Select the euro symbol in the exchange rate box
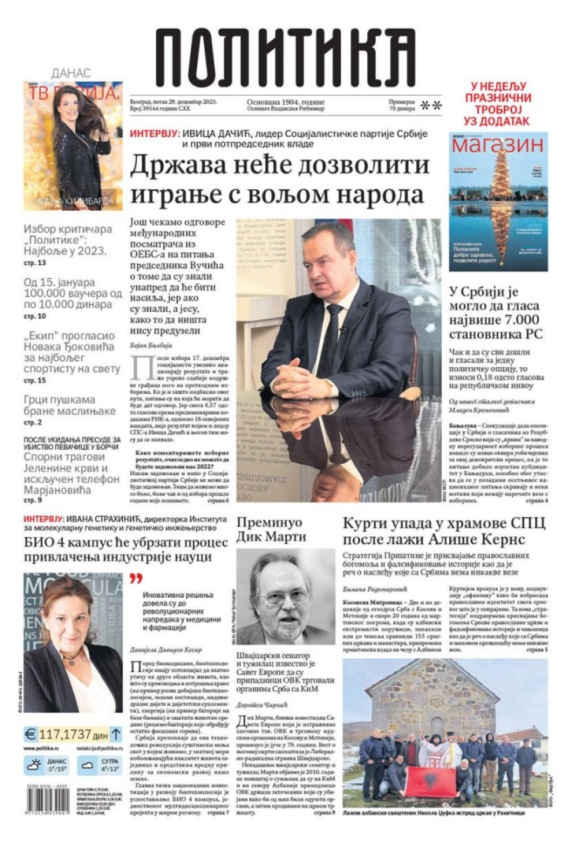coord(31,734)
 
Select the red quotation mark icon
coord(135,579)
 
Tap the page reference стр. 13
coord(35,262)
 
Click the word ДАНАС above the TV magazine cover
coord(71,74)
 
